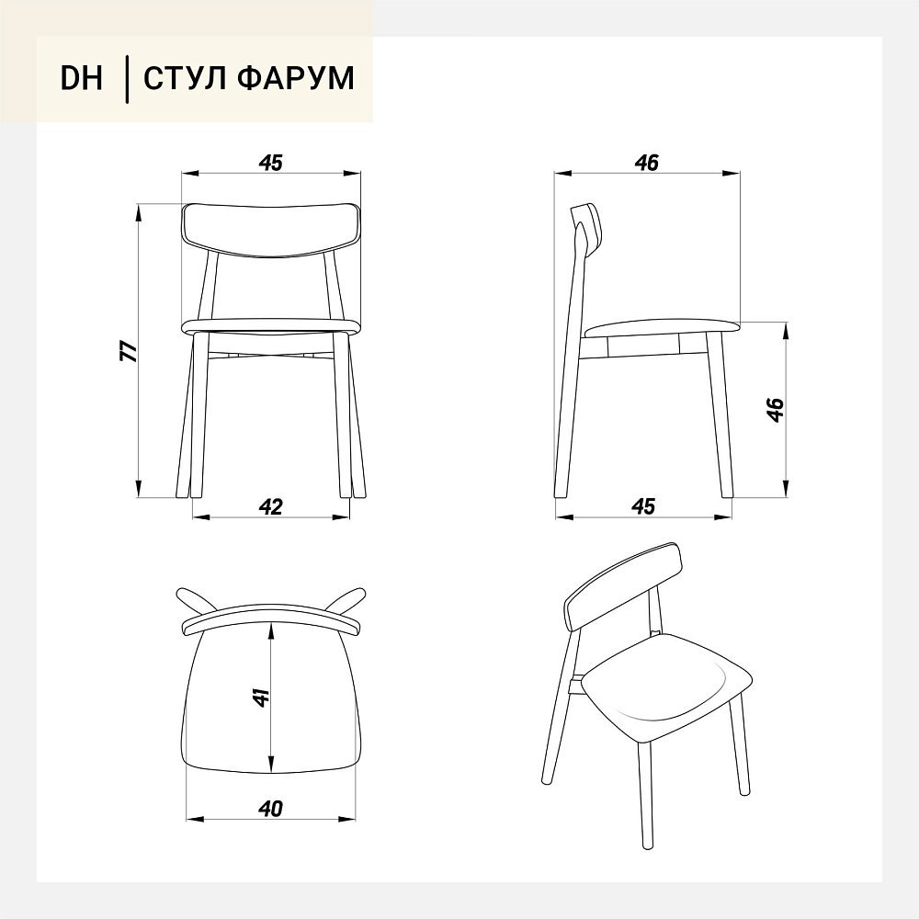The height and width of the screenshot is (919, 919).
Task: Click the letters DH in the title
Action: (82, 78)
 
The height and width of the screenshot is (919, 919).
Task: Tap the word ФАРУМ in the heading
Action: (297, 78)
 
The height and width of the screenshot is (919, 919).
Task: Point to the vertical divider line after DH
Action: (127, 79)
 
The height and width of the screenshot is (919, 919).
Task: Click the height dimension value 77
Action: (129, 350)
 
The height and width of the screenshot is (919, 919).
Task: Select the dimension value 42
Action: (271, 506)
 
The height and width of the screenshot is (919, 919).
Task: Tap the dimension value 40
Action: (270, 809)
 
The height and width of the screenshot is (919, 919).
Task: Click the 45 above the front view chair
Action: (271, 163)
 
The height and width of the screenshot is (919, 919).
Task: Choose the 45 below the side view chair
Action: (643, 506)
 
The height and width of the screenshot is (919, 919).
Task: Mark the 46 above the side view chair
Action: (646, 163)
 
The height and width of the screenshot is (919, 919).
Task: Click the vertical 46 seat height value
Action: (776, 410)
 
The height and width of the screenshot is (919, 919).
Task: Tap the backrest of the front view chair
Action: (271, 230)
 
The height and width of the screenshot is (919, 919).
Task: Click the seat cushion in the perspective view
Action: (669, 686)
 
